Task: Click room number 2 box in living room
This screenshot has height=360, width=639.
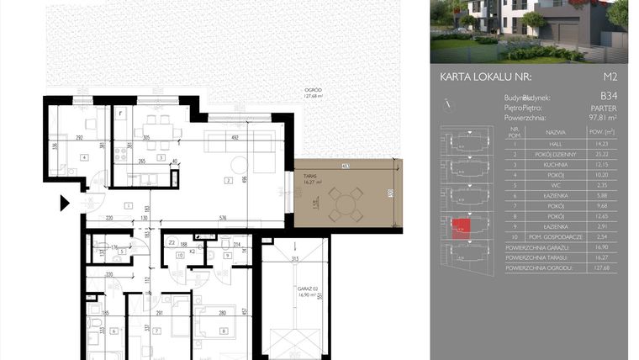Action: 227,180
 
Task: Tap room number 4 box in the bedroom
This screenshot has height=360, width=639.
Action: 83,157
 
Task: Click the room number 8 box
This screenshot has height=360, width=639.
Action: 223,331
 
